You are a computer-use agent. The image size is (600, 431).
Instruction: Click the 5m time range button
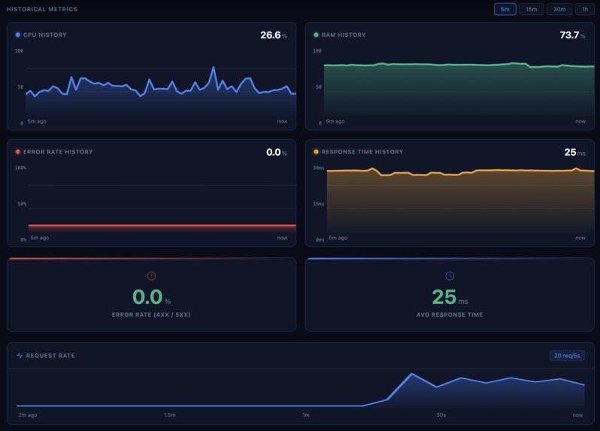click(x=505, y=9)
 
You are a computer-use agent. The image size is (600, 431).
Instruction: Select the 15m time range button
click(x=531, y=9)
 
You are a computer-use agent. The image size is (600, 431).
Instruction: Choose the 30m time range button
click(x=559, y=9)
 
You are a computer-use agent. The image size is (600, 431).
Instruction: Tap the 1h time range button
click(x=584, y=9)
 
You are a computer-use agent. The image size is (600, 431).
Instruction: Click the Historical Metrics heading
click(x=42, y=9)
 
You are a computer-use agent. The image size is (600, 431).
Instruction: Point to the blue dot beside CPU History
click(x=18, y=35)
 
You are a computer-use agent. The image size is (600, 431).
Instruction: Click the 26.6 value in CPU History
click(x=270, y=35)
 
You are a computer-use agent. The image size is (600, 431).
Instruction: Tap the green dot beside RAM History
click(x=317, y=35)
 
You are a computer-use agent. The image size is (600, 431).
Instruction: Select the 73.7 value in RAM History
click(x=569, y=35)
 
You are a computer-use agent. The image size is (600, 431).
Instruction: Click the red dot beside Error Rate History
click(x=18, y=152)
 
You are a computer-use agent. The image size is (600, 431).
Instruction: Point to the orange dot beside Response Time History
click(x=317, y=152)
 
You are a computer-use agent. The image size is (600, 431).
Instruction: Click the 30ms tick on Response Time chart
click(x=320, y=168)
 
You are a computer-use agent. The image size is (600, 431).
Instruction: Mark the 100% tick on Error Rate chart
click(x=20, y=168)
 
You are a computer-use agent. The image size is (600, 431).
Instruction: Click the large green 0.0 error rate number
click(x=147, y=297)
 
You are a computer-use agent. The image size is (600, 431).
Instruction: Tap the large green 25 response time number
click(x=444, y=297)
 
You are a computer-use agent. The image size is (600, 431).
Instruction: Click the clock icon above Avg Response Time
click(x=450, y=276)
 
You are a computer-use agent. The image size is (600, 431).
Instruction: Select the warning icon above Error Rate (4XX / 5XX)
click(x=151, y=276)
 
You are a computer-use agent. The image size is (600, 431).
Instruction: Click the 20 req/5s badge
click(x=566, y=356)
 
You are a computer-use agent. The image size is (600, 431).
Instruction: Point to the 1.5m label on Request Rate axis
click(x=170, y=415)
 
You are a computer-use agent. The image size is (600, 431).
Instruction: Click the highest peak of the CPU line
click(x=214, y=68)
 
